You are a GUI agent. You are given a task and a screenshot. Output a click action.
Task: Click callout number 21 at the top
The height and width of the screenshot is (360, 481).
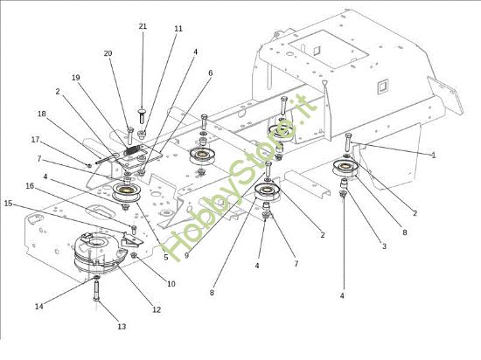[143, 27]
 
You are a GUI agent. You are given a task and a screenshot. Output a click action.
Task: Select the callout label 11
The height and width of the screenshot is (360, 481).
[178, 29]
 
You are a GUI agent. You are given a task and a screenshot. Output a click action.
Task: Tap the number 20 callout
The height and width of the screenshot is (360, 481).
[108, 53]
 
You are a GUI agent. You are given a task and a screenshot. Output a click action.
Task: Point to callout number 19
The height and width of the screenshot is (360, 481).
[75, 78]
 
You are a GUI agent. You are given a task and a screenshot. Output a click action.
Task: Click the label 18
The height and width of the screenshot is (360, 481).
[41, 114]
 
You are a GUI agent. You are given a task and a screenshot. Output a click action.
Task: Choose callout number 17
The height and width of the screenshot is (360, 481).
[36, 140]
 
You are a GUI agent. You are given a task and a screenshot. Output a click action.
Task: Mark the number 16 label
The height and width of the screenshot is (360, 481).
[30, 186]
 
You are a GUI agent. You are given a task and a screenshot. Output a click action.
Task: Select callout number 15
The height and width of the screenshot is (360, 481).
[10, 204]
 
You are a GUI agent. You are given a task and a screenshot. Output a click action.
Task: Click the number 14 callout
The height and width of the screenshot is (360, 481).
[38, 306]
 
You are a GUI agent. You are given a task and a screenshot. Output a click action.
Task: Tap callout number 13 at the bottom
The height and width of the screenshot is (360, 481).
[122, 326]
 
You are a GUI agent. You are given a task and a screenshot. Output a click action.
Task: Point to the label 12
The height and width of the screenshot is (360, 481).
[157, 310]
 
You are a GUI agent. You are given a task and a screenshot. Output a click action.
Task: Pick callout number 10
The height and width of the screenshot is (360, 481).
[171, 284]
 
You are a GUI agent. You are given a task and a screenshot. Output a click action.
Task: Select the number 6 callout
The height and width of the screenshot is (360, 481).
[210, 73]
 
